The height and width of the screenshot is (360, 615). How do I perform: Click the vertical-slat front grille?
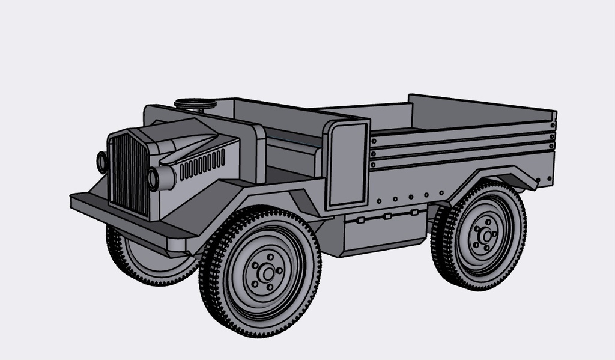(x=129, y=174)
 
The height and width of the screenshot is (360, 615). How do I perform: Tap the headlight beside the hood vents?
(x=154, y=178)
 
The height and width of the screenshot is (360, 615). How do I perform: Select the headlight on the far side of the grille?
(x=101, y=162)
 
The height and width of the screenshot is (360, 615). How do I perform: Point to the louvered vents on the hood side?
(x=202, y=164)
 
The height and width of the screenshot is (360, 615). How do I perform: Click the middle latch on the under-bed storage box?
(x=387, y=216)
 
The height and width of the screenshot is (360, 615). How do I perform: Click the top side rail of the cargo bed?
(x=462, y=130)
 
